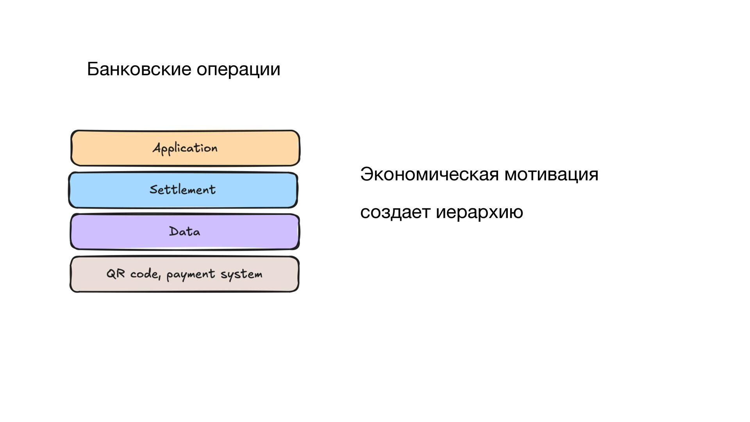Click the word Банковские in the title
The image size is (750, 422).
pos(139,69)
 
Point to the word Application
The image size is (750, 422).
pos(185,148)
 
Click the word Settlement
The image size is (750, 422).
pos(182,190)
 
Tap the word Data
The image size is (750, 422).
pos(184,231)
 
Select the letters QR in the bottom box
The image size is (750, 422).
pos(116,274)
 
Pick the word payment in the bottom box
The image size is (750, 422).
pos(191,275)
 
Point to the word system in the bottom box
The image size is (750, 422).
pos(241,275)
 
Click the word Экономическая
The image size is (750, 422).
pos(429,174)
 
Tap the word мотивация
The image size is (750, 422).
pos(551,174)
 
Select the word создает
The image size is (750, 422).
pos(395,212)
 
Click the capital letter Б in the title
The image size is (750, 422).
pos(93,69)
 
